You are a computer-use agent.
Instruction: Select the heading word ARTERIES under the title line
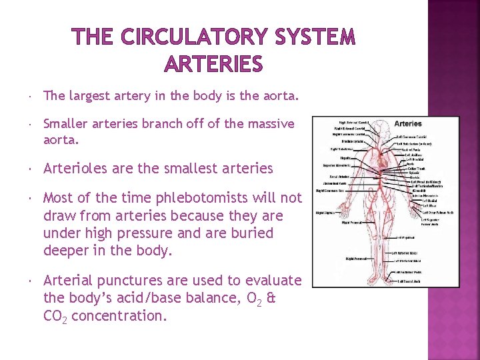[213, 65]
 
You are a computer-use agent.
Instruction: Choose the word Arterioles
[75, 168]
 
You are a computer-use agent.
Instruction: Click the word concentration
[119, 315]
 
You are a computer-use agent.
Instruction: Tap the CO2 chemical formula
[55, 316]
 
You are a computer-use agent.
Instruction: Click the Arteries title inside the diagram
[408, 123]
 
